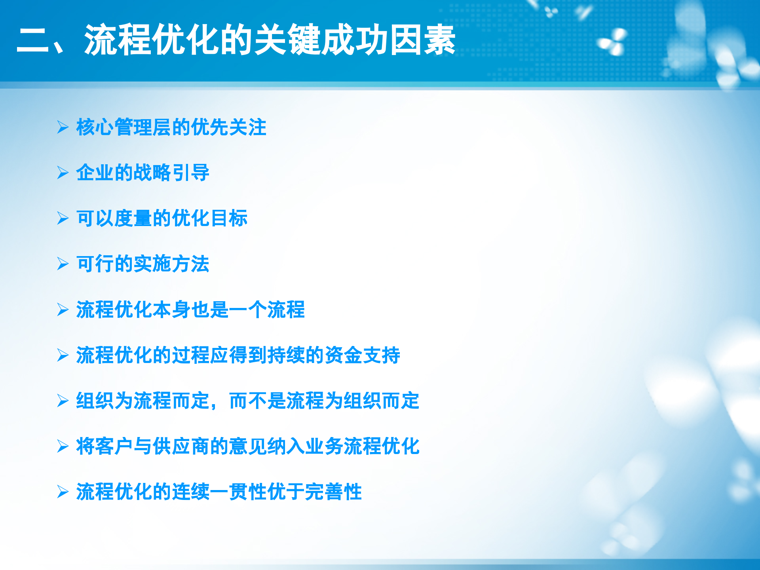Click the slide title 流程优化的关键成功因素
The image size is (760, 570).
point(269,40)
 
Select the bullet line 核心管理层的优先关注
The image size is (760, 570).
point(171,127)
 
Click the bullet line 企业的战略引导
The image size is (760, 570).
point(142,173)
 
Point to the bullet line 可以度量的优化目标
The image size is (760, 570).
point(161,218)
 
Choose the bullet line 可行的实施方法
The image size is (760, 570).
point(142,264)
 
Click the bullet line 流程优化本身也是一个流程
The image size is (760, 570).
point(190,310)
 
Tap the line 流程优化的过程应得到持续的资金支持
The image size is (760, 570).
point(238,355)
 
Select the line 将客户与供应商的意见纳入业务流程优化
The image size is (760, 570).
point(247,446)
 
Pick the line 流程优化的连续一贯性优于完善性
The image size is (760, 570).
point(219,492)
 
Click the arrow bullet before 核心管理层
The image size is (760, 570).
point(63,127)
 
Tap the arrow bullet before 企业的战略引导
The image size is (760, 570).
point(63,173)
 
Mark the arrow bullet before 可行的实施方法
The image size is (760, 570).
point(63,264)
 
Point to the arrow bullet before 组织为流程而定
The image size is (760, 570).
point(63,401)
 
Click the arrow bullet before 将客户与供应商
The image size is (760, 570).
point(63,446)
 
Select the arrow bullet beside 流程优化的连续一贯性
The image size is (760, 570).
point(63,492)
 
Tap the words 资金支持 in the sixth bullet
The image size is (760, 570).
point(362,355)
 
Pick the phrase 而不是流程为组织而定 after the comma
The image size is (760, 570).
point(324,401)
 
